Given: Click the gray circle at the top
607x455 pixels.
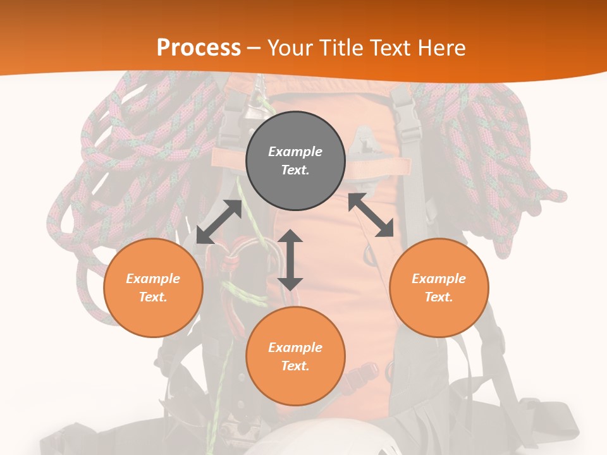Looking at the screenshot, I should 295,161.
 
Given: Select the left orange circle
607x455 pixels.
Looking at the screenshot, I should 153,288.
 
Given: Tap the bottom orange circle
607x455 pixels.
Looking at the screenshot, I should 295,356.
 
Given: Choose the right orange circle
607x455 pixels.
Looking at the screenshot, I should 439,288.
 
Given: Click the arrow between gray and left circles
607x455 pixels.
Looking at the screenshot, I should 219,222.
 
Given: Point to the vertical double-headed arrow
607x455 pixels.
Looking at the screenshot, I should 290,260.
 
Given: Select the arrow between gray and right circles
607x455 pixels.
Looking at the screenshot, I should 371,215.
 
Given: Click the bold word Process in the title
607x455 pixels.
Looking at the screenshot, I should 199,47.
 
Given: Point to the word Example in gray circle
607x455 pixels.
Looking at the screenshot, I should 295,152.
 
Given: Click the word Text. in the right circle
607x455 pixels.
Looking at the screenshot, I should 439,297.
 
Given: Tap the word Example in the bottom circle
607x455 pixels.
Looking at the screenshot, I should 295,348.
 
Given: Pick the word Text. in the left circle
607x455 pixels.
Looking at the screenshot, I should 153,297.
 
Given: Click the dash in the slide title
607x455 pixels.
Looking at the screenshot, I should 254,48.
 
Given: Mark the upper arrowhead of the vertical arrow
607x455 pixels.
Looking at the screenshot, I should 290,238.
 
